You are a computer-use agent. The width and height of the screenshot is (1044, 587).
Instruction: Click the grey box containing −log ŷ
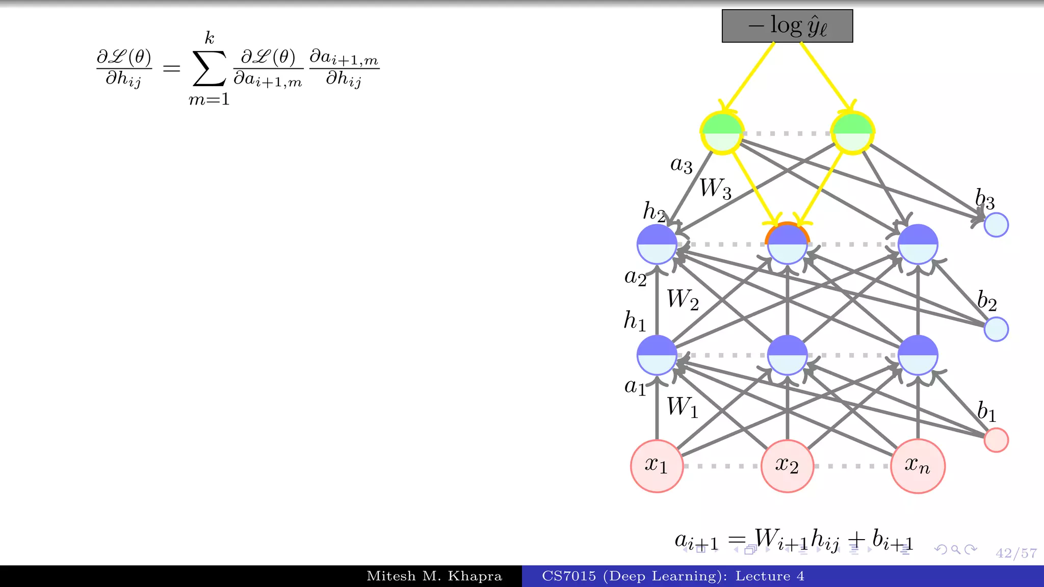pyautogui.click(x=787, y=26)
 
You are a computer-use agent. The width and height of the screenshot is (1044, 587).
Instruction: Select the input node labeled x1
pyautogui.click(x=657, y=466)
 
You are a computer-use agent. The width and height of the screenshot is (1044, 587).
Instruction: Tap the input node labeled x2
pyautogui.click(x=787, y=466)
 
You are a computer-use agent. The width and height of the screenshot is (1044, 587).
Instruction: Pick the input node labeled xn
pyautogui.click(x=918, y=466)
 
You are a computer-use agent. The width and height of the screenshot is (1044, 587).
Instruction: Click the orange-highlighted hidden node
pyautogui.click(x=787, y=244)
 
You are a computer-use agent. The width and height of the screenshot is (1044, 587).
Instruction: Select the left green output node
pyautogui.click(x=722, y=133)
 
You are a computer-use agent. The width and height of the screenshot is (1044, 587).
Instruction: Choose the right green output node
pyautogui.click(x=852, y=133)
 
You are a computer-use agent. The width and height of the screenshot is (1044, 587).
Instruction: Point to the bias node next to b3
pyautogui.click(x=996, y=225)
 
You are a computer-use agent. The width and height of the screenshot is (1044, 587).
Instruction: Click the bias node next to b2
pyautogui.click(x=996, y=329)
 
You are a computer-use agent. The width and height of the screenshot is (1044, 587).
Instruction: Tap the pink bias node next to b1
pyautogui.click(x=996, y=440)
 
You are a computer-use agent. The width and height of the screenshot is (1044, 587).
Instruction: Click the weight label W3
pyautogui.click(x=715, y=189)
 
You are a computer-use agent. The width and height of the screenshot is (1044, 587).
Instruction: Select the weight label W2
pyautogui.click(x=683, y=300)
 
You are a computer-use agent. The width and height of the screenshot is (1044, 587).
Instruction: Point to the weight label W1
pyautogui.click(x=683, y=408)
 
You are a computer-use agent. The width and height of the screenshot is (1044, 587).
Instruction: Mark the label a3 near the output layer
pyautogui.click(x=681, y=165)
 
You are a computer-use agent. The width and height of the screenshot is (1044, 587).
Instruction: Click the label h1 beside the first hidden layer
pyautogui.click(x=635, y=321)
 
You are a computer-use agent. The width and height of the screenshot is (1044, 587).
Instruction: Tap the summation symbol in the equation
pyautogui.click(x=209, y=68)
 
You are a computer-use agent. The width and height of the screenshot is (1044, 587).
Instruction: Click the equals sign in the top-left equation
pyautogui.click(x=171, y=68)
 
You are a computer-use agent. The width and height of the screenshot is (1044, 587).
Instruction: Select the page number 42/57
pyautogui.click(x=1016, y=553)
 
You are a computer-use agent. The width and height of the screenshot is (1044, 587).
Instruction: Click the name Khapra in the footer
pyautogui.click(x=475, y=576)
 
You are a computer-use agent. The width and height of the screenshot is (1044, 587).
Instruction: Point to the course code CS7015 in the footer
pyautogui.click(x=569, y=576)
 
